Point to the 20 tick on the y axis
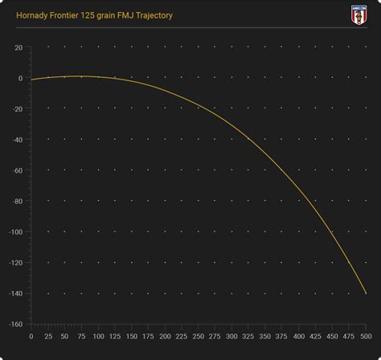(x=18, y=47)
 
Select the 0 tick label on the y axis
(x=20, y=78)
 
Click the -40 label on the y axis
(x=16, y=140)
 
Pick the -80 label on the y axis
(x=16, y=201)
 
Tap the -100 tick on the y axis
(x=14, y=232)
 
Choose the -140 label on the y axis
(x=14, y=293)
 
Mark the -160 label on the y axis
(x=14, y=325)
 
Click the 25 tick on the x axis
(x=47, y=337)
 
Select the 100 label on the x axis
(x=97, y=337)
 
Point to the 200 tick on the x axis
(x=165, y=337)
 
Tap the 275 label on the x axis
(x=215, y=337)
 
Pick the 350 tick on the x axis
(x=265, y=337)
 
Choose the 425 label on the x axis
(x=315, y=337)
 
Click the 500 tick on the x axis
(x=366, y=337)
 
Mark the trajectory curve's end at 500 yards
(x=366, y=293)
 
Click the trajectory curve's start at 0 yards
(x=31, y=80)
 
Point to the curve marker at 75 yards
(x=80, y=76)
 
